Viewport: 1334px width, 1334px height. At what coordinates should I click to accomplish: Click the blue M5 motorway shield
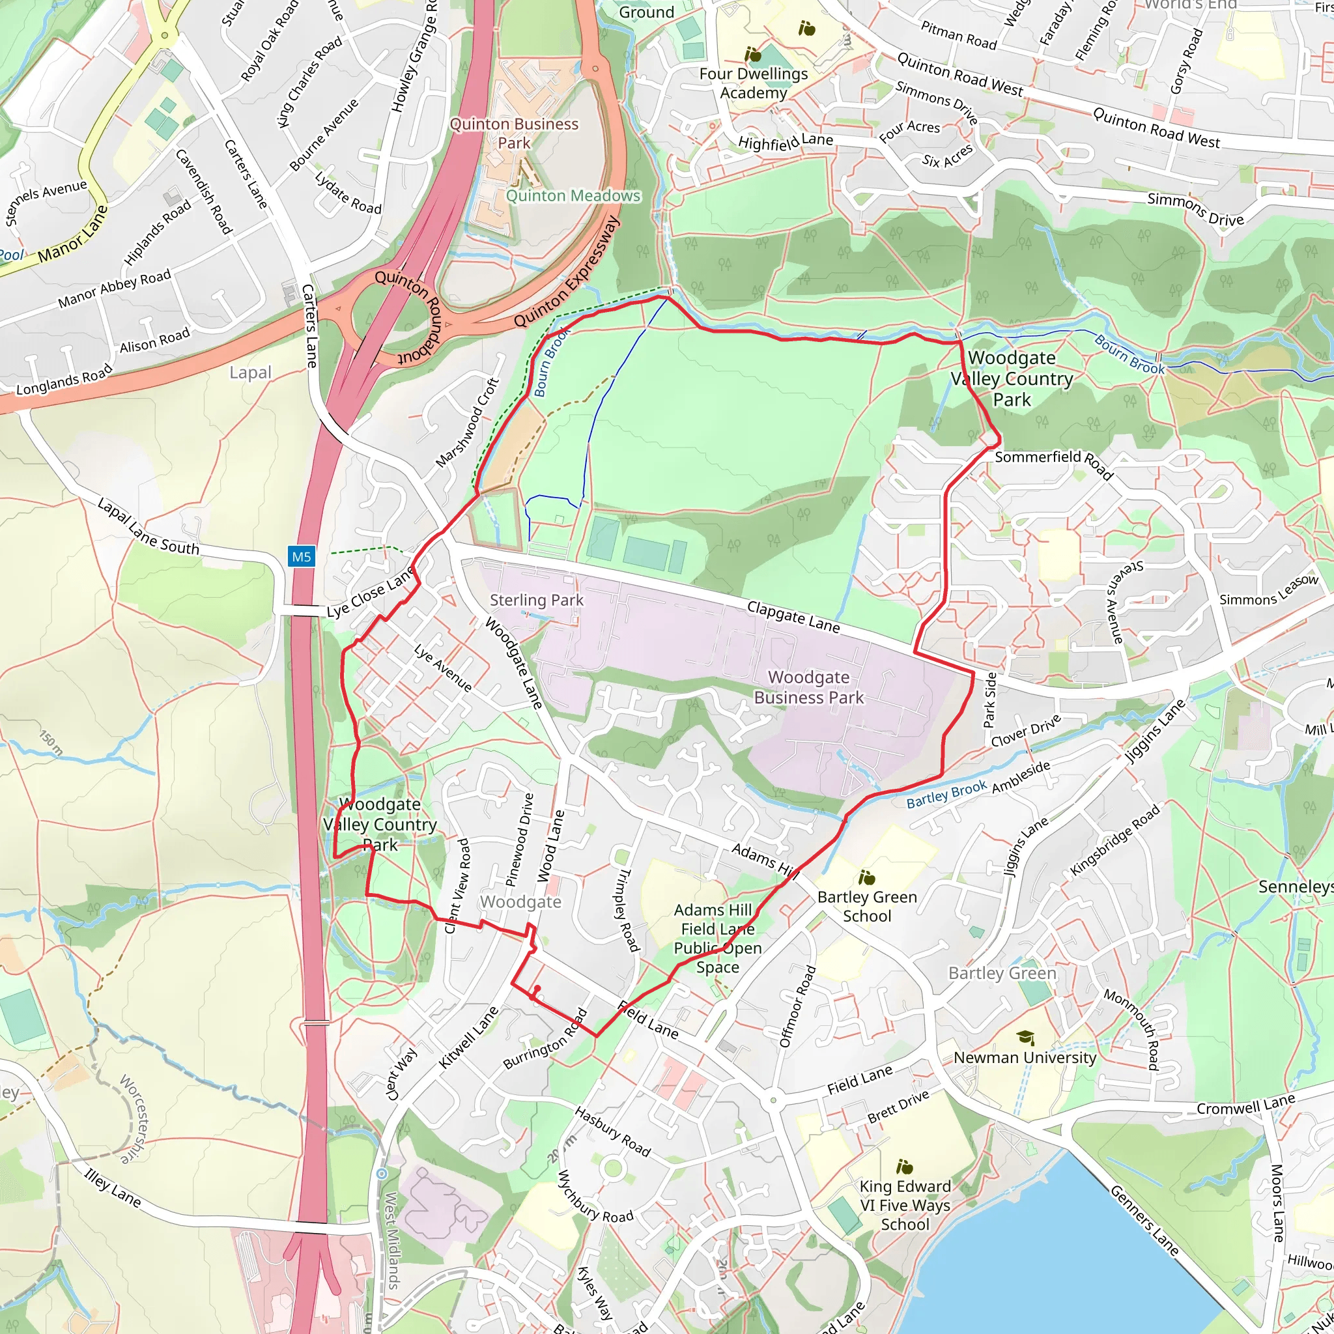(301, 556)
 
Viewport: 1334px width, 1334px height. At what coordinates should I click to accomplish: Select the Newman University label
(1025, 1057)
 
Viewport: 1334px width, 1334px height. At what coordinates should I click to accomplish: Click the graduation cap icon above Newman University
(1025, 1037)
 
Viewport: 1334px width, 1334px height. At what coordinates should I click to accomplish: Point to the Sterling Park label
(537, 600)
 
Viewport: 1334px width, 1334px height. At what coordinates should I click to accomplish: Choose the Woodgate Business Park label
(808, 687)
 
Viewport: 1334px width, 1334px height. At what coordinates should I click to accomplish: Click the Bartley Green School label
(867, 906)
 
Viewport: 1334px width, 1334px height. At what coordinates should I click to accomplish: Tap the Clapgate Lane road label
(793, 617)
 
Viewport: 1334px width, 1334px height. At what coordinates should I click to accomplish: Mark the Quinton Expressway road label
(567, 274)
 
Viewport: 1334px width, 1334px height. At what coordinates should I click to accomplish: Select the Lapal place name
(250, 372)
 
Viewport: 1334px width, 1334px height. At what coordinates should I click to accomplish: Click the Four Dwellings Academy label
(754, 83)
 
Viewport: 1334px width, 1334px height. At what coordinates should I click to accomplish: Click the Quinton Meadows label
(573, 196)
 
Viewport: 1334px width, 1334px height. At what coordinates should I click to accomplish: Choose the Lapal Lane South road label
(148, 527)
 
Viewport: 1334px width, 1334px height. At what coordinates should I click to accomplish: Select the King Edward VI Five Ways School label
(905, 1205)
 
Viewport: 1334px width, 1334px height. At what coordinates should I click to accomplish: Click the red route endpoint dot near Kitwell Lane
(537, 988)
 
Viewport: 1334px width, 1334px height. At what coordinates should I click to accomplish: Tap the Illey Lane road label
(113, 1187)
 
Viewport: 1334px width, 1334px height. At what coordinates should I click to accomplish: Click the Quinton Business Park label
(514, 134)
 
